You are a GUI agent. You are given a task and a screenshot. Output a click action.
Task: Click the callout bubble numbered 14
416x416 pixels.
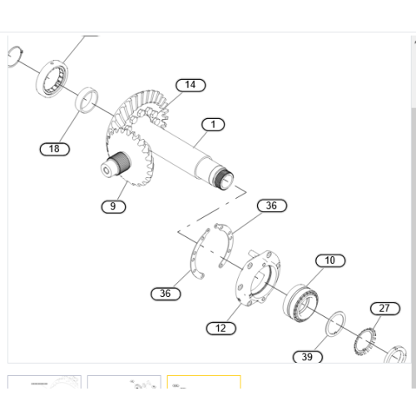coord(191,85)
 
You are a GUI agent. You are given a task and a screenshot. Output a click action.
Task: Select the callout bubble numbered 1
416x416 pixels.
coord(213,125)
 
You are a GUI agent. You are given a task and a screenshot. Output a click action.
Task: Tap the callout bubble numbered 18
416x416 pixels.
coord(55,149)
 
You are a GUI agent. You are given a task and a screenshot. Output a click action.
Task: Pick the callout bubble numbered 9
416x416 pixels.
coord(114,206)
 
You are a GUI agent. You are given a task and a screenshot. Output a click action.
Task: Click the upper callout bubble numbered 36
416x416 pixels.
coord(270,206)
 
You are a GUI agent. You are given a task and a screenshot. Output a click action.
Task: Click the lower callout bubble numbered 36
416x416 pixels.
coord(166,293)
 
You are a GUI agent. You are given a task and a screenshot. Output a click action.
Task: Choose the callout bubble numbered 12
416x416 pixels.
coord(220,329)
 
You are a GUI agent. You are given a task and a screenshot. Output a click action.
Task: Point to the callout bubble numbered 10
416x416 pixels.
coord(330,260)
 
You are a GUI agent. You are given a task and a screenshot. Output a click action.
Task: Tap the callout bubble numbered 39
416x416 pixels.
coord(307,357)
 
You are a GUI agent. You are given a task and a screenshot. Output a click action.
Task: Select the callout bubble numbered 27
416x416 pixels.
coord(384,309)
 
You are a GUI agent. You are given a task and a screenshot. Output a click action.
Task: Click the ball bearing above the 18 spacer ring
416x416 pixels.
coord(52,77)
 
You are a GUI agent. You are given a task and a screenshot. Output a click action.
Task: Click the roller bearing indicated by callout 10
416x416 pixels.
coord(304,299)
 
